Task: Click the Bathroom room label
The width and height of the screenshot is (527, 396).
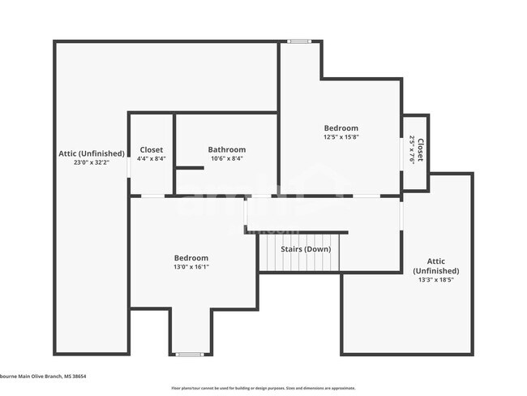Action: click(x=226, y=149)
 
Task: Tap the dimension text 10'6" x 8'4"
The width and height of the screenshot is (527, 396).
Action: click(x=226, y=158)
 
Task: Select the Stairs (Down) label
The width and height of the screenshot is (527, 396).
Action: click(x=306, y=249)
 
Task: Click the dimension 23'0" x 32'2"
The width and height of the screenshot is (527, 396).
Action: click(x=91, y=162)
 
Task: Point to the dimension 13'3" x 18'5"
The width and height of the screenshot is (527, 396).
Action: click(x=435, y=280)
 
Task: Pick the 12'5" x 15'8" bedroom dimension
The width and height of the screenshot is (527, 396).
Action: click(x=341, y=137)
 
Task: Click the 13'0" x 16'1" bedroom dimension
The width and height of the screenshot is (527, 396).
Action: click(x=191, y=267)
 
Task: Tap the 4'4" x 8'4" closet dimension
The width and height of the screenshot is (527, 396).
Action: click(x=151, y=158)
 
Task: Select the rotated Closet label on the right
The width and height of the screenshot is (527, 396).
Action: click(x=419, y=150)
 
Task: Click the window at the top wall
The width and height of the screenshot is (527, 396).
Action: click(x=299, y=41)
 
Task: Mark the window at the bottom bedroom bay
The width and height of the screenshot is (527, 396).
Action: click(x=190, y=354)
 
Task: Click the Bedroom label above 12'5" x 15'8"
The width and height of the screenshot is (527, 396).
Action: click(x=341, y=128)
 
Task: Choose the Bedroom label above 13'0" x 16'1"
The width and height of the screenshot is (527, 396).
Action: click(x=191, y=258)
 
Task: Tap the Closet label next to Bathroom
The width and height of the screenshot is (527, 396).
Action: click(x=151, y=149)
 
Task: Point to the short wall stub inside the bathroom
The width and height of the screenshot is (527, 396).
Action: click(x=190, y=168)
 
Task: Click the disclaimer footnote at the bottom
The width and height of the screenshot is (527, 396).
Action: click(x=263, y=388)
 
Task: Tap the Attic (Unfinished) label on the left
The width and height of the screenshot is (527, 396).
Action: click(x=91, y=153)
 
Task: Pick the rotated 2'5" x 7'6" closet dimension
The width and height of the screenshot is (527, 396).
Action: click(x=412, y=150)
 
